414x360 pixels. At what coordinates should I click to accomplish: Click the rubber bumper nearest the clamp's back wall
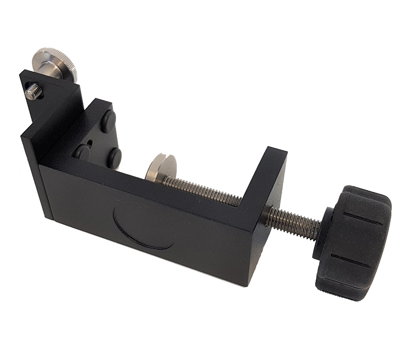click(x=82, y=152)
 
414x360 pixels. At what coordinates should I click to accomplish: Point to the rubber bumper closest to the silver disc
click(x=114, y=157)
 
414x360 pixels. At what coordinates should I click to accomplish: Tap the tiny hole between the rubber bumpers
click(x=91, y=140)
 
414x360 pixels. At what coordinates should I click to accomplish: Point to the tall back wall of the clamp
click(x=39, y=171)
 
